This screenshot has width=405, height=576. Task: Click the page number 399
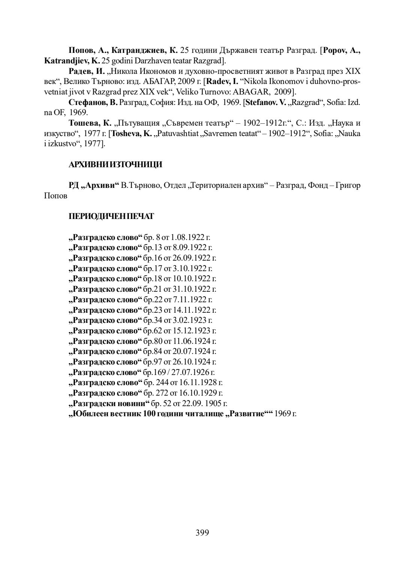coord(202,532)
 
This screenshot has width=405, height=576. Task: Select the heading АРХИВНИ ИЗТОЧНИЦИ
coord(115,165)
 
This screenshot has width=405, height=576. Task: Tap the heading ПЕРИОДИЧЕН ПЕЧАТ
coord(111,216)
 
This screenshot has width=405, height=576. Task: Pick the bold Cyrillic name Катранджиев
coord(139,50)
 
